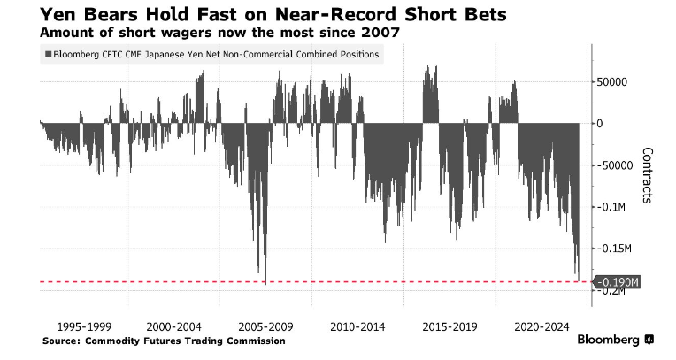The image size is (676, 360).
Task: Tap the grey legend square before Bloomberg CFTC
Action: pos(45,55)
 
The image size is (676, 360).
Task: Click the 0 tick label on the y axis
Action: pos(600,124)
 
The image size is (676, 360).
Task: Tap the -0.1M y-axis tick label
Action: pos(610,207)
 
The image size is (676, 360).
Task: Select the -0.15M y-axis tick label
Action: pos(612,249)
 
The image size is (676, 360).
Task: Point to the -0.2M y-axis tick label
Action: pos(610,292)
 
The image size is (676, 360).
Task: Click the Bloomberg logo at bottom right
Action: pos(615,341)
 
